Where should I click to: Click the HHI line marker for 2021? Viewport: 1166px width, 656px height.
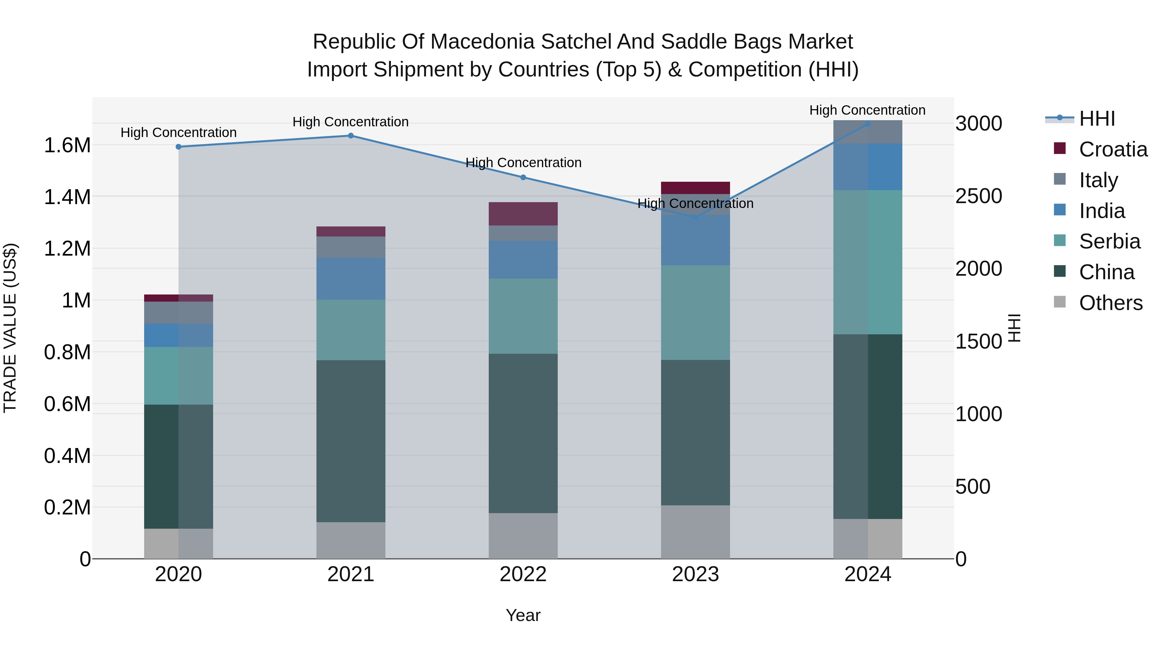click(x=350, y=136)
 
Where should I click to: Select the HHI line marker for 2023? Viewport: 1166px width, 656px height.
click(x=696, y=218)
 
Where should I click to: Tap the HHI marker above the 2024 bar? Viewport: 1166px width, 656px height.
click(x=868, y=124)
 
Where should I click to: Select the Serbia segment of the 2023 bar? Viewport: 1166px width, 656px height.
click(x=695, y=312)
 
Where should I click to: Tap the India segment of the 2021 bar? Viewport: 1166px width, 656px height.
click(x=350, y=279)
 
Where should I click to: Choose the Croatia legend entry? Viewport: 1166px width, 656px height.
click(x=1113, y=149)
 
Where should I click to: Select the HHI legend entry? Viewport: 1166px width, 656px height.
click(x=1097, y=119)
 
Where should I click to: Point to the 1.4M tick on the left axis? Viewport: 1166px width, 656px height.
click(x=67, y=197)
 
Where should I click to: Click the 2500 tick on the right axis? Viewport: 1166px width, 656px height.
click(x=978, y=197)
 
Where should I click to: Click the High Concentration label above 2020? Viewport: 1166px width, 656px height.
click(x=178, y=132)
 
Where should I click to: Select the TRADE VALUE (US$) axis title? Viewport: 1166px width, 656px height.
click(x=10, y=328)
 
